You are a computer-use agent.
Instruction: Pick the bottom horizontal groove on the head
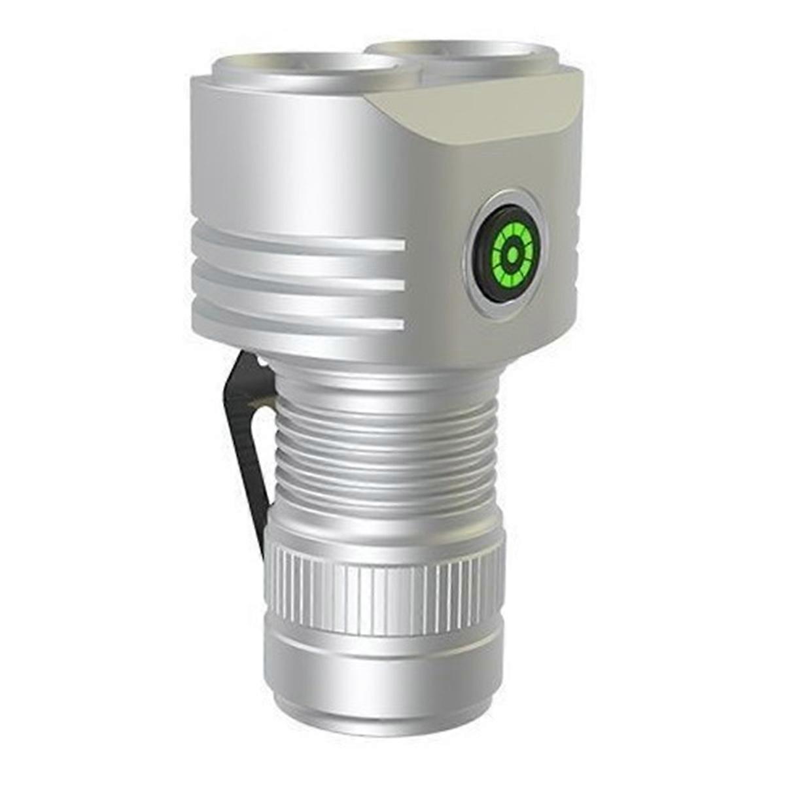294,321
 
